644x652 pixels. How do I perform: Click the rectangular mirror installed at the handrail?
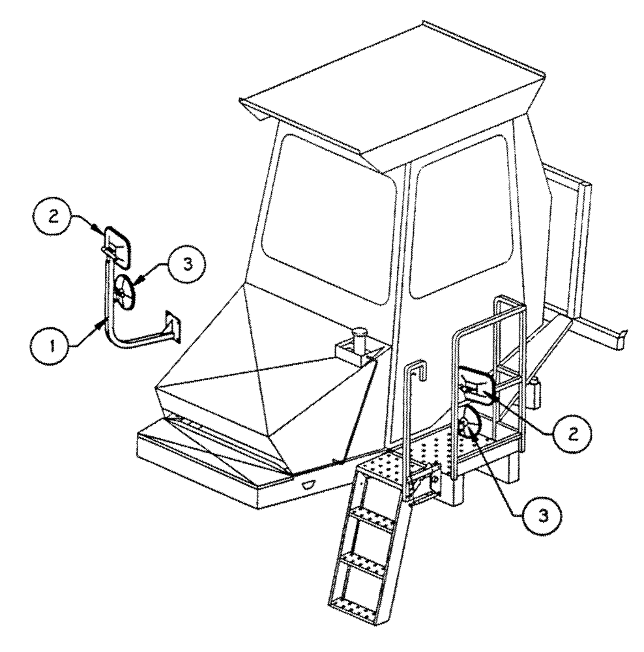coord(477,385)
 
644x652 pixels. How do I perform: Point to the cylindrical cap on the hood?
coord(358,341)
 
